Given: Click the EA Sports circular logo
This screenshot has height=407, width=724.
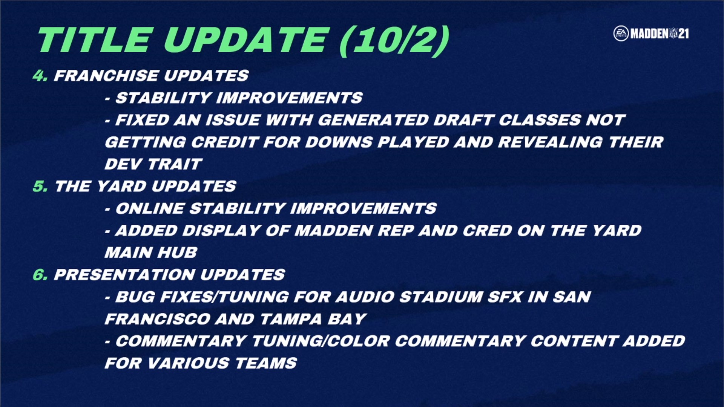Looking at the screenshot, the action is (x=621, y=34).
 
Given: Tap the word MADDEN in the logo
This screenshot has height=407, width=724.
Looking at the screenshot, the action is (x=649, y=34).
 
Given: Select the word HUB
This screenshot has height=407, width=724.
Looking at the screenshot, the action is (x=177, y=252).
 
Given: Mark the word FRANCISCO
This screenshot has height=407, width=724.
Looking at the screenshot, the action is (x=158, y=319).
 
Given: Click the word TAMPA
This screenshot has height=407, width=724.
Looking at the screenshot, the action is (x=291, y=319).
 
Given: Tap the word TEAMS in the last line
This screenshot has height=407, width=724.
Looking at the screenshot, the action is (x=266, y=363).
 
